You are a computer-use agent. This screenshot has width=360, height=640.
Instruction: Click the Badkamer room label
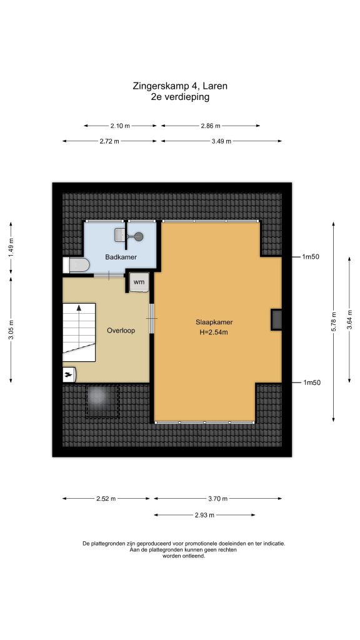121,257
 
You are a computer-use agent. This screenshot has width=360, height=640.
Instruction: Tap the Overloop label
121,330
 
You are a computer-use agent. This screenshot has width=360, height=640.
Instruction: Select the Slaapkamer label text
214,322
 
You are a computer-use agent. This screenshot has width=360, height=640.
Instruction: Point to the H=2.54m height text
214,332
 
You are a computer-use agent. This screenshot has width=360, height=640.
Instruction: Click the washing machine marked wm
139,282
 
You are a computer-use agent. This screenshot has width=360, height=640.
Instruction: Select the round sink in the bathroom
139,236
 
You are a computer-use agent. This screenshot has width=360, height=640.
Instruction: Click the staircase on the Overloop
79,332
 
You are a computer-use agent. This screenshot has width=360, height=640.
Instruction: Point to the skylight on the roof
102,401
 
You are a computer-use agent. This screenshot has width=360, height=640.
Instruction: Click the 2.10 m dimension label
121,126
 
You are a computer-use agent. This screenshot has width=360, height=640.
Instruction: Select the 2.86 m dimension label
211,126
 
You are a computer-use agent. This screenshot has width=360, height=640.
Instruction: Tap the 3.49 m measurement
222,141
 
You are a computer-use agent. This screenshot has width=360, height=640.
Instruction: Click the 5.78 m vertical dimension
334,322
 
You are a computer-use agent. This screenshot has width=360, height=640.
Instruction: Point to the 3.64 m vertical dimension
349,319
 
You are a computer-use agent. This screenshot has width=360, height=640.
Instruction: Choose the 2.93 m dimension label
204,515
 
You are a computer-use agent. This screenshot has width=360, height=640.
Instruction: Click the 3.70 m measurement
218,498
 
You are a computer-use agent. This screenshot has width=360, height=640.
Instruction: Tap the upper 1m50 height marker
311,257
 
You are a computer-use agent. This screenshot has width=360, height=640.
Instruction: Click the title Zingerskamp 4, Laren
180,86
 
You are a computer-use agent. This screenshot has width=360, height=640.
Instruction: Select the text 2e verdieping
180,97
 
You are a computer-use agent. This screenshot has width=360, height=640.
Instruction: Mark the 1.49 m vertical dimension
11,247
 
